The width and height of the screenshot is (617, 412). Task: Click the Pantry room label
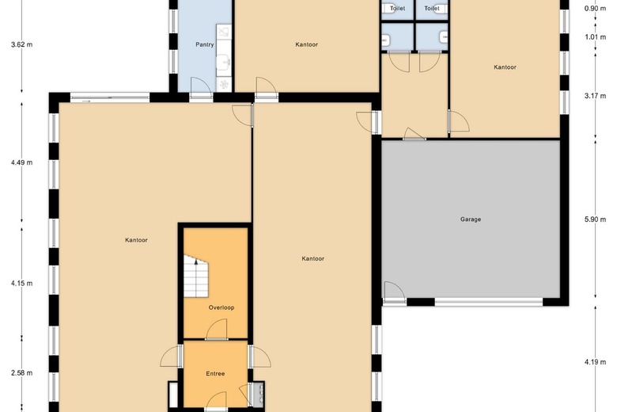[205, 44]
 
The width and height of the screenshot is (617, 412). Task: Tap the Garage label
[471, 219]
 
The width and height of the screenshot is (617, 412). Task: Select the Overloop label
[221, 307]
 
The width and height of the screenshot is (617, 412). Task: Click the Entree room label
[215, 373]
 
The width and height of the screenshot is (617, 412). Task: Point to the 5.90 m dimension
[595, 219]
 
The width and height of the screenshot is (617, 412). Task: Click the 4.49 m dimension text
[21, 162]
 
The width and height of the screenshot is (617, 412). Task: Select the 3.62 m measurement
[21, 44]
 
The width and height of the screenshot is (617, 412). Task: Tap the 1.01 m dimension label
[595, 37]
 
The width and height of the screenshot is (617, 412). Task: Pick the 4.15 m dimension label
[21, 283]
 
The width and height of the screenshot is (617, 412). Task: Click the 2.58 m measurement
[21, 372]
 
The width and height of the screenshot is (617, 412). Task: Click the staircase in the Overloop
[195, 276]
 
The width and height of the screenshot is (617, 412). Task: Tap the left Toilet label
[397, 8]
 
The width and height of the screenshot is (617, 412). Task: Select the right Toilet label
[432, 8]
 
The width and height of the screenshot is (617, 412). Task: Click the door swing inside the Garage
[395, 292]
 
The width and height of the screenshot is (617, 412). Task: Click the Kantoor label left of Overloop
[136, 240]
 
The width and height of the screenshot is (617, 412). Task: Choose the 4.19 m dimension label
[595, 362]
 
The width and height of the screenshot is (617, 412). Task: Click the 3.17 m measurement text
[595, 95]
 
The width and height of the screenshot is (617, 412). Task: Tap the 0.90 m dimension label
[595, 8]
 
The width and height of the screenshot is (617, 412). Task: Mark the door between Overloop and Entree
[217, 330]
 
